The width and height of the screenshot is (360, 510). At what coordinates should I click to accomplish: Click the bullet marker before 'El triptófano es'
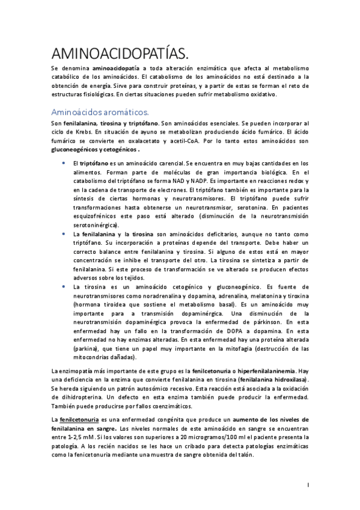click(64, 164)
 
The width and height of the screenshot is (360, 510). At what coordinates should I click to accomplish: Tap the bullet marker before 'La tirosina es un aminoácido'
click(64, 287)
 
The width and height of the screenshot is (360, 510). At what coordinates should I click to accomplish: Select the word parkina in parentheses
click(88, 349)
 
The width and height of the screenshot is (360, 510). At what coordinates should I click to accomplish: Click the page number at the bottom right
click(308, 484)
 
